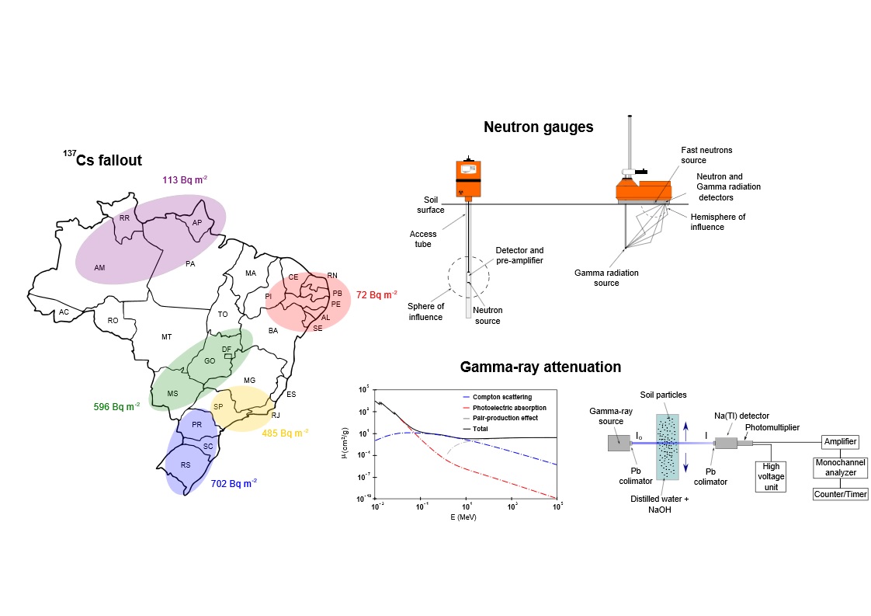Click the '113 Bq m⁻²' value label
[185, 180]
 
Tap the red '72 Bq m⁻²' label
[377, 294]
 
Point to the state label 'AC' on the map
[64, 312]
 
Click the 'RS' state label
[186, 465]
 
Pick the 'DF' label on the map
[227, 350]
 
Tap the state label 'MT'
[166, 337]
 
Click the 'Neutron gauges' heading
[538, 127]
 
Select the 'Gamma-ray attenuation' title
[540, 367]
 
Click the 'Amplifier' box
[841, 441]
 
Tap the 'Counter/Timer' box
[841, 494]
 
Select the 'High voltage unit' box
[771, 476]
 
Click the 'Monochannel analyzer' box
[841, 467]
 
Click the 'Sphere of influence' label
[426, 311]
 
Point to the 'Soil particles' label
[663, 395]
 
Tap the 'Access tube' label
[423, 239]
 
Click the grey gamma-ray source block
[619, 443]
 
